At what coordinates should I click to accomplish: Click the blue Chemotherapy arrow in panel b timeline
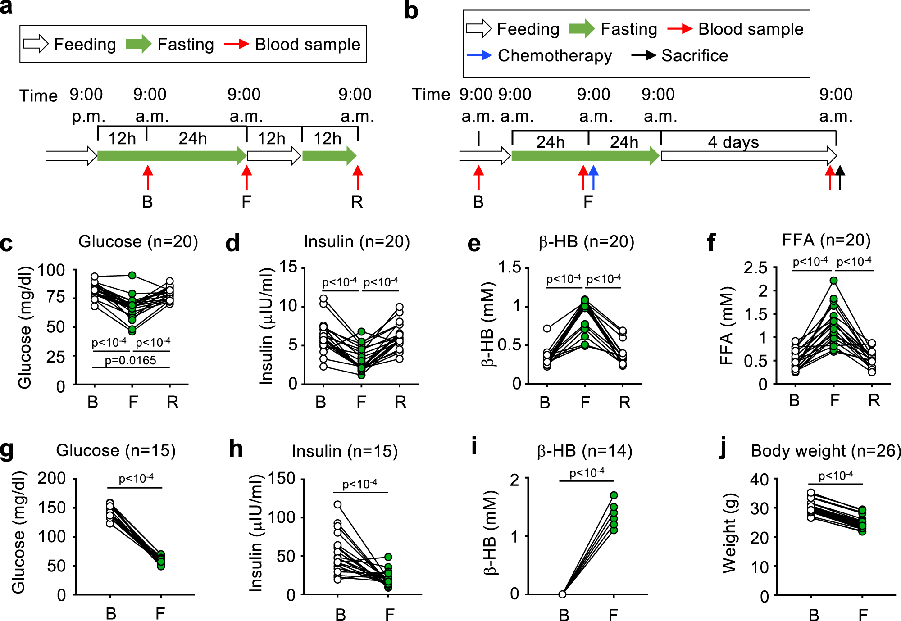pyautogui.click(x=593, y=177)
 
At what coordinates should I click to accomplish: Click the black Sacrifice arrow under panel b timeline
pyautogui.click(x=840, y=177)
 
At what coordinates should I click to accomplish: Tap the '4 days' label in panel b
pyautogui.click(x=733, y=142)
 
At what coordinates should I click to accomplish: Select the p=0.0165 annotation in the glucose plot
pyautogui.click(x=130, y=360)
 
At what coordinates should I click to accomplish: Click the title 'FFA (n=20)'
pyautogui.click(x=826, y=240)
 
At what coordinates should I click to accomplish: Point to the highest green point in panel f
pyautogui.click(x=833, y=281)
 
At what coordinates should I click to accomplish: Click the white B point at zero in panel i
pyautogui.click(x=562, y=594)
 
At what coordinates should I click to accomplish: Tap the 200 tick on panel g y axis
pyautogui.click(x=51, y=478)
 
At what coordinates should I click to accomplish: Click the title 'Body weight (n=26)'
pyautogui.click(x=825, y=451)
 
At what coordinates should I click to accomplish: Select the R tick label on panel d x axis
pyautogui.click(x=400, y=402)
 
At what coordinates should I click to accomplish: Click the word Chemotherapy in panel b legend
pyautogui.click(x=555, y=56)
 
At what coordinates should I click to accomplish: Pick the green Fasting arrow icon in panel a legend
pyautogui.click(x=138, y=44)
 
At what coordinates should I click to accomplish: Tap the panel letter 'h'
pyautogui.click(x=236, y=449)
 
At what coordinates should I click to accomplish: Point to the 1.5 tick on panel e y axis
pyautogui.click(x=509, y=267)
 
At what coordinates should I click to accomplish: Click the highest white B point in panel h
pyautogui.click(x=337, y=505)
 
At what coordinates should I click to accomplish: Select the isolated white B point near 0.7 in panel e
pyautogui.click(x=547, y=328)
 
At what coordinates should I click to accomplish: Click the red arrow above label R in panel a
pyautogui.click(x=358, y=177)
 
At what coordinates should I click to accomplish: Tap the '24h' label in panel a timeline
pyautogui.click(x=193, y=139)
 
